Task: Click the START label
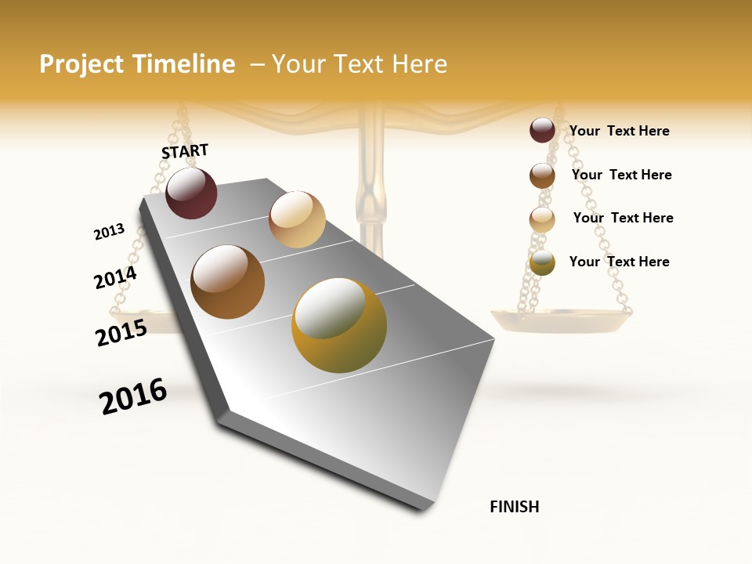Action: [185, 150]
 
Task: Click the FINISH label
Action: [514, 507]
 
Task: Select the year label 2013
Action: [109, 232]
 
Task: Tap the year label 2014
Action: [115, 278]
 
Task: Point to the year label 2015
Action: [121, 333]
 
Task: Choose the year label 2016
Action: [133, 396]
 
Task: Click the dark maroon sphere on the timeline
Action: [191, 193]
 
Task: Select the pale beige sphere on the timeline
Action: [297, 219]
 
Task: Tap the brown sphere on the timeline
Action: [227, 282]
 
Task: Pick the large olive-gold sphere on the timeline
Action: [339, 326]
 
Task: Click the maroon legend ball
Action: [542, 130]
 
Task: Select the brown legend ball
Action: [542, 175]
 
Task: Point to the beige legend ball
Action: [542, 219]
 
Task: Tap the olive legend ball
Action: [542, 262]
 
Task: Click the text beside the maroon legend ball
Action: [619, 131]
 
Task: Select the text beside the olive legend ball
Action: [619, 262]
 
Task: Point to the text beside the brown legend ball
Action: [621, 175]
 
